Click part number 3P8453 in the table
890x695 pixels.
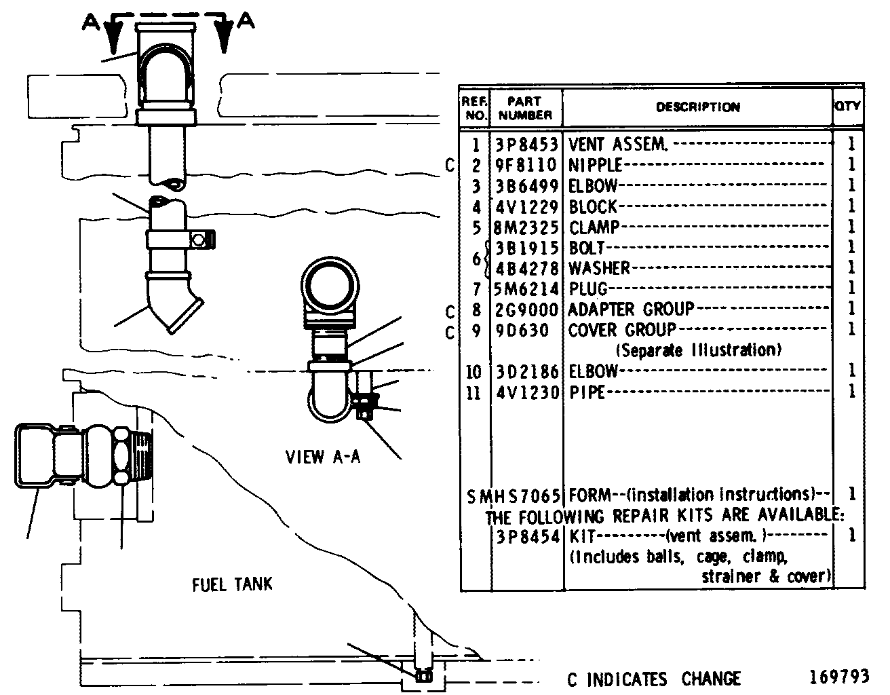[x=526, y=145]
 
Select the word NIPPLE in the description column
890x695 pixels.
[x=595, y=165]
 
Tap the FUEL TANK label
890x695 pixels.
[x=232, y=584]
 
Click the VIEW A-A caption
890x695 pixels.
[x=323, y=457]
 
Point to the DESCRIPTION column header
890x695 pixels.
[x=698, y=107]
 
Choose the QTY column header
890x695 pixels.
[x=848, y=106]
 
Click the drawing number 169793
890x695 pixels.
[x=839, y=677]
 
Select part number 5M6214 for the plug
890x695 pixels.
[x=526, y=289]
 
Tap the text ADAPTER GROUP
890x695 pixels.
[x=631, y=309]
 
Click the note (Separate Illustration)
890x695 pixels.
[x=699, y=350]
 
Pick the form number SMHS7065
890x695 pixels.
[x=514, y=497]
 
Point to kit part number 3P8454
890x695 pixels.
[x=528, y=537]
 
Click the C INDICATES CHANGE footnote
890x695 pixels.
[x=654, y=679]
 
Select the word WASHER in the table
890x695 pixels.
[x=599, y=268]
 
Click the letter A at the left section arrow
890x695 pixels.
[x=91, y=22]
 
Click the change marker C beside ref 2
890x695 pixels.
[x=450, y=166]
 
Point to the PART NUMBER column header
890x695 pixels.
[x=525, y=108]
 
